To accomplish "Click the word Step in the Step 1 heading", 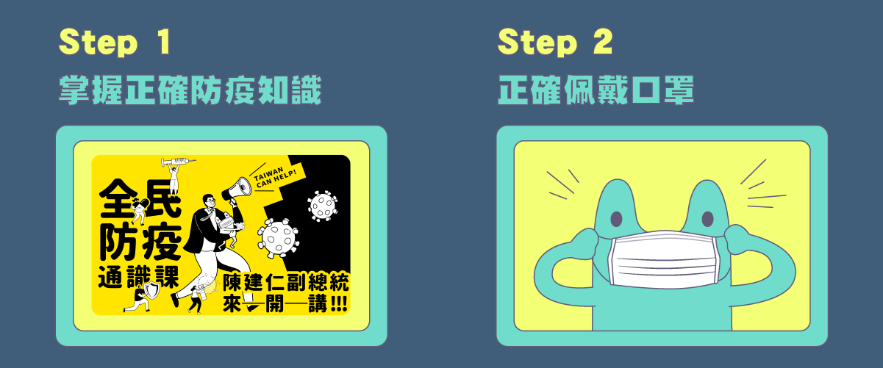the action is (99, 42).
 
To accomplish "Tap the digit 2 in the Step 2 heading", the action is (603, 41).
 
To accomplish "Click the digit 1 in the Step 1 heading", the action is (164, 41).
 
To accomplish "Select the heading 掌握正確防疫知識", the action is (190, 90).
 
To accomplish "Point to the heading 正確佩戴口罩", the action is (596, 90).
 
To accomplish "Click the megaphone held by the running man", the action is (237, 189).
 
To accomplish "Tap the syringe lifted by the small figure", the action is (178, 161).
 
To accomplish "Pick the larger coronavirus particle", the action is (279, 239).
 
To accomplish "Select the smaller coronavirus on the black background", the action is (323, 206).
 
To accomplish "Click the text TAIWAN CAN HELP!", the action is (275, 177).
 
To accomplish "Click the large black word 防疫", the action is (140, 242).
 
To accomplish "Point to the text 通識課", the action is (138, 277).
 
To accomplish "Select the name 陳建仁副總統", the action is (286, 282).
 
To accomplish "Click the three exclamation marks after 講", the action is (339, 304).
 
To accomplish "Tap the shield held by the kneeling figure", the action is (151, 290).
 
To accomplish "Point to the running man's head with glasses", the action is (210, 202).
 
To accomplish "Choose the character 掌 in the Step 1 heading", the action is (74, 90).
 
